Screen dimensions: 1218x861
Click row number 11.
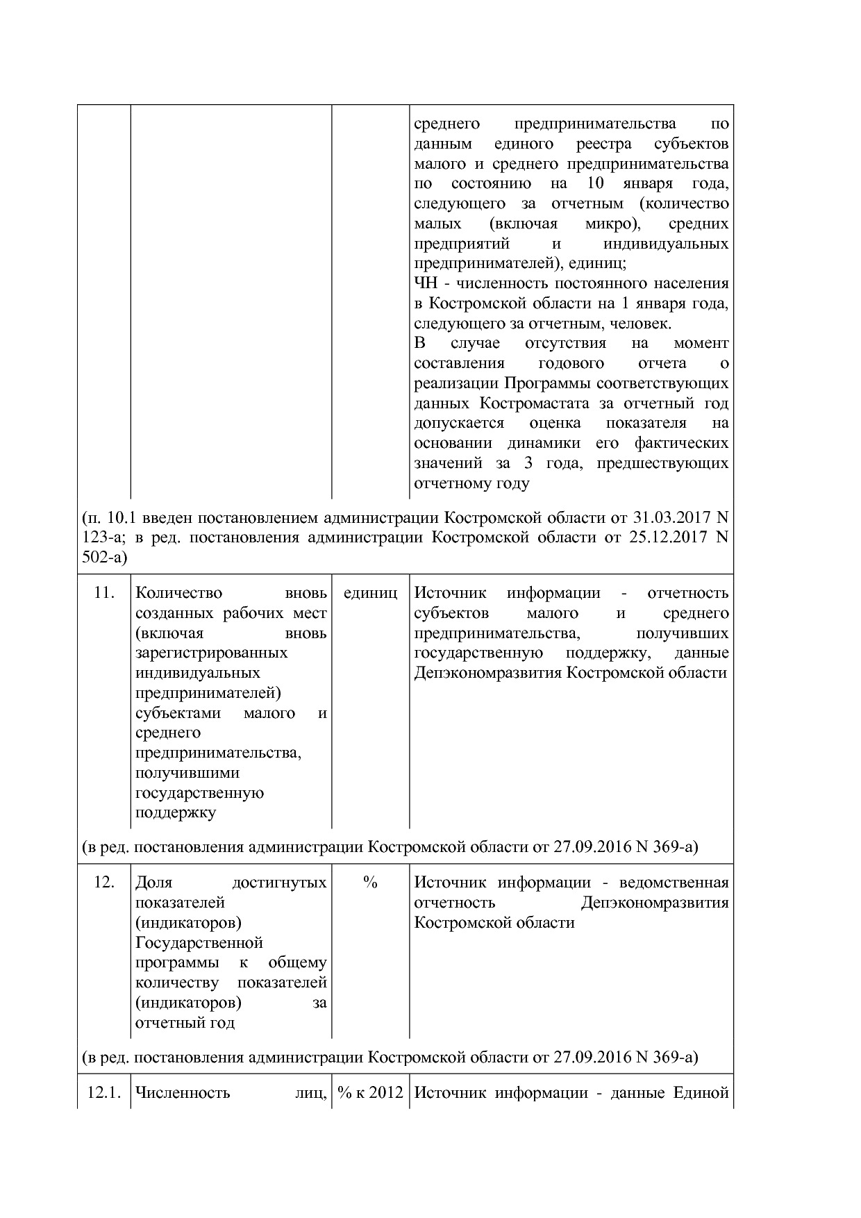tap(103, 594)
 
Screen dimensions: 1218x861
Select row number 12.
tap(103, 883)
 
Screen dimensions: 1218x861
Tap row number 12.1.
tap(104, 1093)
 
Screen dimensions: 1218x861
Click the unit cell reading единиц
tap(370, 594)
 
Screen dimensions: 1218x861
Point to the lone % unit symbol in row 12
tap(370, 883)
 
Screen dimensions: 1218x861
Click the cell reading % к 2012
tap(370, 1093)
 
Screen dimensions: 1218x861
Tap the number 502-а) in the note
tap(105, 558)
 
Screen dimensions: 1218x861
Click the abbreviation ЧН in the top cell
tap(425, 283)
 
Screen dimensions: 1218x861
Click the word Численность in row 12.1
tap(183, 1093)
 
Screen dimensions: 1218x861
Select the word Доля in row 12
tap(154, 883)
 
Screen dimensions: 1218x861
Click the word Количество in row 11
tap(179, 594)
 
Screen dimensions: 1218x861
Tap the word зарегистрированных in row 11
tap(212, 653)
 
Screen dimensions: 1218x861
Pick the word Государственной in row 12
tap(199, 943)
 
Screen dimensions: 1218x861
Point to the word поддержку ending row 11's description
tap(176, 812)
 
